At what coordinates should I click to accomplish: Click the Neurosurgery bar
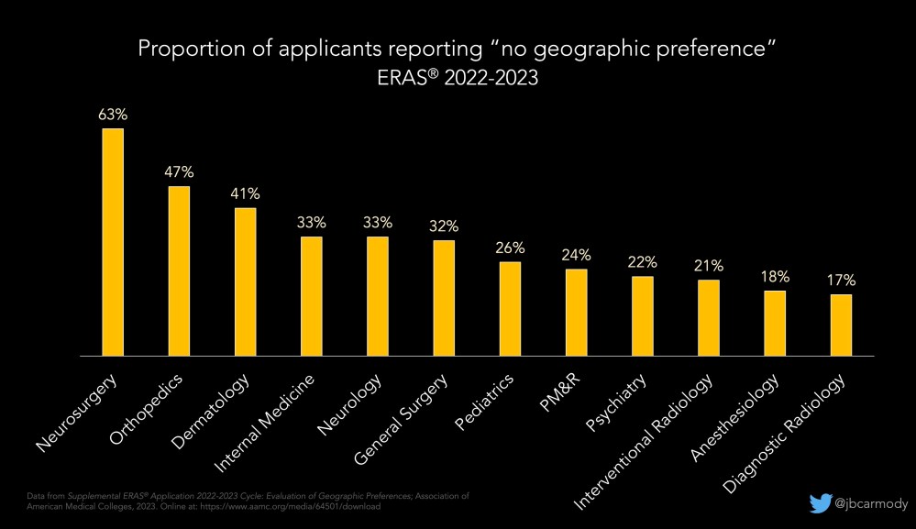coord(113,241)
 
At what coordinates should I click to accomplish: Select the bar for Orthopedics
coord(179,270)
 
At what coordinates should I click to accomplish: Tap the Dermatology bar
coord(246,281)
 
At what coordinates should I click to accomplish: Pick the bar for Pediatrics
coord(510,308)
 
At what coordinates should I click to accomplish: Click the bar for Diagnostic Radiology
coord(841,325)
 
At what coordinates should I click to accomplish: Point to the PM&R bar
coord(577,312)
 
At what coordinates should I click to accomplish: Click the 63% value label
coord(113,116)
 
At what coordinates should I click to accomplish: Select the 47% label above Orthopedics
coord(179,172)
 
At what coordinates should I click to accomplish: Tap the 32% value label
coord(444,226)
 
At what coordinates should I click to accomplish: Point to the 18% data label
coord(775,277)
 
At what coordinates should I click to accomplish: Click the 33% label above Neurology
coord(378,223)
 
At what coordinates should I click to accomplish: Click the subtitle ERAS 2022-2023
coord(458,79)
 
